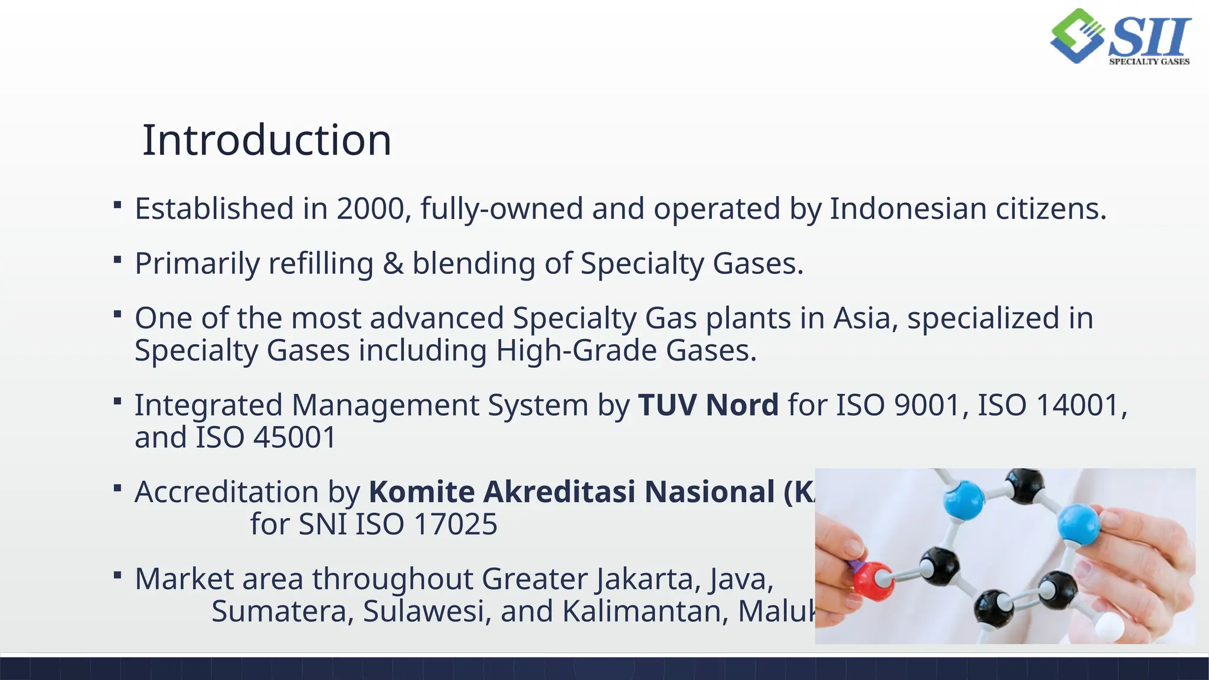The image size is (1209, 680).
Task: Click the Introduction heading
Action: (267, 140)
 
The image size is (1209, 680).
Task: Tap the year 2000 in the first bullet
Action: (370, 209)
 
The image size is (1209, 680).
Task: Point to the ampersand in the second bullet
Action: (393, 264)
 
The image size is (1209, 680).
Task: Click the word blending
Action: (473, 264)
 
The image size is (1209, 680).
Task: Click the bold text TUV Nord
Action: (708, 406)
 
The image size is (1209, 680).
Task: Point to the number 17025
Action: (456, 524)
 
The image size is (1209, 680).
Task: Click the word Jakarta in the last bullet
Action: (648, 579)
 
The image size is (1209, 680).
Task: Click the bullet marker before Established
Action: (117, 205)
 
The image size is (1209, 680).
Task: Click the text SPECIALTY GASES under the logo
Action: (1149, 61)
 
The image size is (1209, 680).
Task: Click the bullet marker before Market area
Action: (117, 575)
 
